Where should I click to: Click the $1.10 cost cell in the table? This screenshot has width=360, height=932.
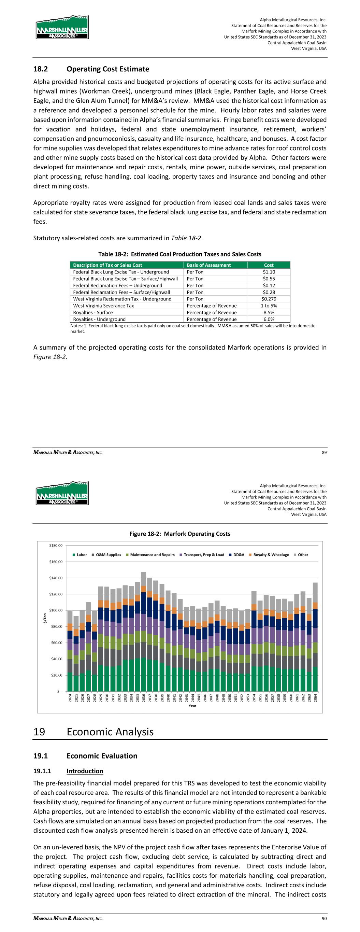(269, 272)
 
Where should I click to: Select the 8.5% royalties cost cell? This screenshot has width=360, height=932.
(269, 312)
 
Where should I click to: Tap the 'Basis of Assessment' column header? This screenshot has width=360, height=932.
(208, 265)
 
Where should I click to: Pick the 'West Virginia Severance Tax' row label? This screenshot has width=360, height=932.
(103, 306)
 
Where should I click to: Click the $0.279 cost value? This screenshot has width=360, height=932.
(269, 299)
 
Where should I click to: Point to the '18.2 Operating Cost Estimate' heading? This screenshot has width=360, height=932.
(91, 69)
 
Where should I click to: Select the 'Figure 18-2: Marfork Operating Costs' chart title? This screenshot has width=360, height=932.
(180, 534)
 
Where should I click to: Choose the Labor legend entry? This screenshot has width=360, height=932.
(80, 555)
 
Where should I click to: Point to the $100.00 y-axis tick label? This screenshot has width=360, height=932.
(56, 610)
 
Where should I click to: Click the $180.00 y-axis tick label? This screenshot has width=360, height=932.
(56, 545)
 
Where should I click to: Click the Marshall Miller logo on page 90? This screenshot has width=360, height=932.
(62, 493)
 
